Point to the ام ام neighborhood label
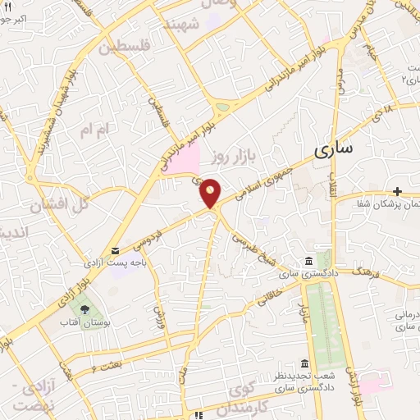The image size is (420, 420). click(92, 130)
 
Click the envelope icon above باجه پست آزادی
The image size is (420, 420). click(115, 250)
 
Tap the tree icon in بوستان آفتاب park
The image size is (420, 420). click(85, 308)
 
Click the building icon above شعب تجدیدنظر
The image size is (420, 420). click(304, 363)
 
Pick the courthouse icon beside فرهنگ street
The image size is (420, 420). click(309, 261)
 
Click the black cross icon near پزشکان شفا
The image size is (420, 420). click(397, 190)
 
